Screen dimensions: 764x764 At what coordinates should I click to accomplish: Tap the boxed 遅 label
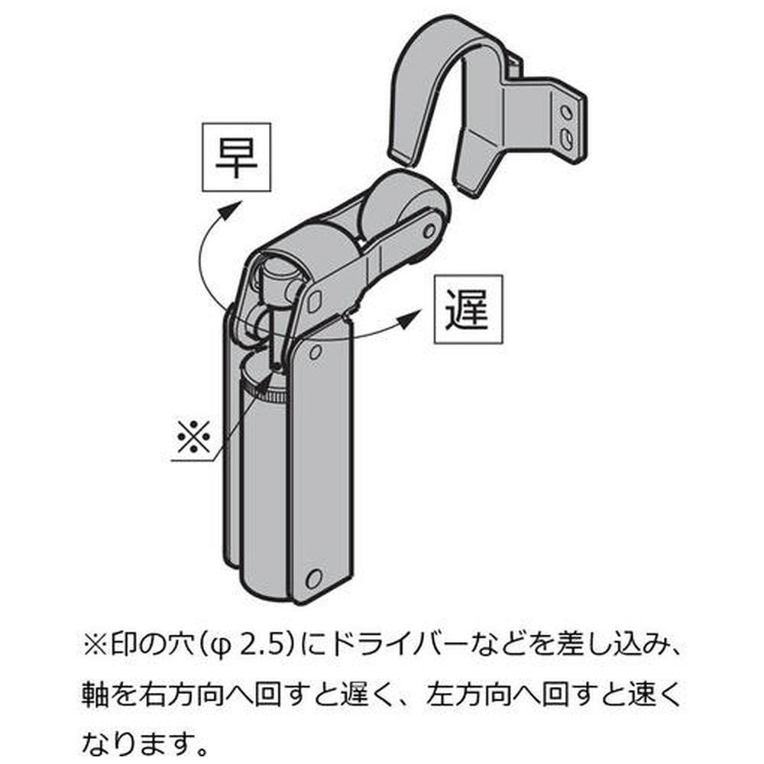(x=468, y=309)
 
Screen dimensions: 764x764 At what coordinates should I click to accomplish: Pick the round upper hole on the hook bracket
(x=565, y=113)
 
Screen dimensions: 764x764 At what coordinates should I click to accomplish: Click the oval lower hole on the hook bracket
(x=566, y=137)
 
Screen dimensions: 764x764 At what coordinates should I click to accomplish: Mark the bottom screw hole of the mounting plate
(x=312, y=578)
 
